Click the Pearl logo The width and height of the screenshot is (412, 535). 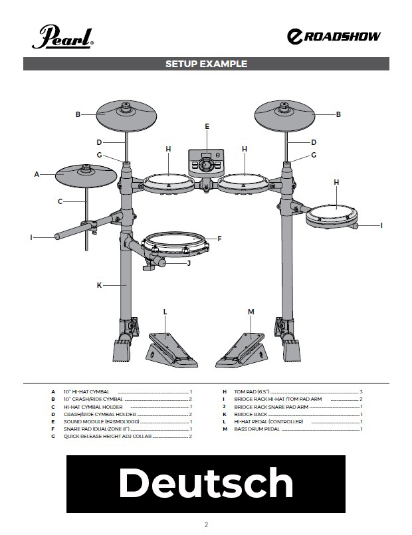pos(62,37)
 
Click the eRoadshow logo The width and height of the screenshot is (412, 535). pos(334,36)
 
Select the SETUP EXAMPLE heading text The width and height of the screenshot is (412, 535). pos(206,64)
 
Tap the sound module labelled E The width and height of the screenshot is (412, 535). pos(206,163)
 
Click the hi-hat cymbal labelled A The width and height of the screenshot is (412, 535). pos(86,175)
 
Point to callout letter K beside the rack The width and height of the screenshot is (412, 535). pos(99,285)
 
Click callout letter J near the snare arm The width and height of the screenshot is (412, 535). pos(189,263)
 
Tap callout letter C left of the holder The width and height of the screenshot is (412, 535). pos(60,201)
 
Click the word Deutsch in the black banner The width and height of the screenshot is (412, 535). pos(205,482)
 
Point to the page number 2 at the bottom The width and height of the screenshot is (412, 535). pos(206,524)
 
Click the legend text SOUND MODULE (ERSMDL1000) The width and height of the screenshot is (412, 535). pos(101,422)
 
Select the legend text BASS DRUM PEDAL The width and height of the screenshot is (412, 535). pos(257,429)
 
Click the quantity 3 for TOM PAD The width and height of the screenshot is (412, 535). pos(361,391)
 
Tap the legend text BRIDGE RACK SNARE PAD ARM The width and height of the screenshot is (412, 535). pos(271,407)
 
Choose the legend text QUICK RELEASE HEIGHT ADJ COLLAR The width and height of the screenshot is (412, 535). pos(108,437)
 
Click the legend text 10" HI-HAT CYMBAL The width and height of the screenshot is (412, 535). pos(86,391)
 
